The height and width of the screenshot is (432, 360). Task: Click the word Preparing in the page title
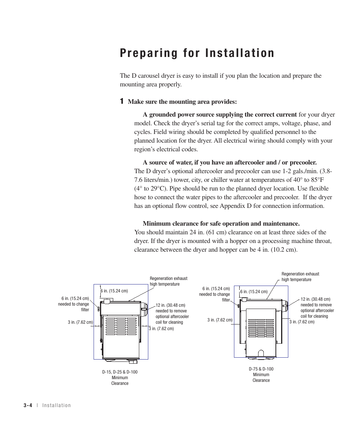[150, 53]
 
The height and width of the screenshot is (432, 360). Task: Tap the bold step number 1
[122, 101]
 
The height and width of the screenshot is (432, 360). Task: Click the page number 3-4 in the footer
[28, 405]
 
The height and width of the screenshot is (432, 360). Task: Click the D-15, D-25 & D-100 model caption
[120, 372]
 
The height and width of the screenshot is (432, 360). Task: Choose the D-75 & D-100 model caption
[261, 369]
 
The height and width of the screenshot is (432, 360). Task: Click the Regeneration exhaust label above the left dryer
[168, 278]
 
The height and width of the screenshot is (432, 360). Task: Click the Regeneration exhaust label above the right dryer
[300, 274]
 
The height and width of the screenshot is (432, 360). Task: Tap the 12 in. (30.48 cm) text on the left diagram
[170, 305]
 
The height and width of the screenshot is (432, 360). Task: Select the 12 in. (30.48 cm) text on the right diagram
[315, 299]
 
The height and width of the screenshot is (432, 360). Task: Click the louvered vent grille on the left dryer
[121, 326]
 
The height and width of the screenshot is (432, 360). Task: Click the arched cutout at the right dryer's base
[261, 353]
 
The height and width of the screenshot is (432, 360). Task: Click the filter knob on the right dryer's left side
[239, 305]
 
